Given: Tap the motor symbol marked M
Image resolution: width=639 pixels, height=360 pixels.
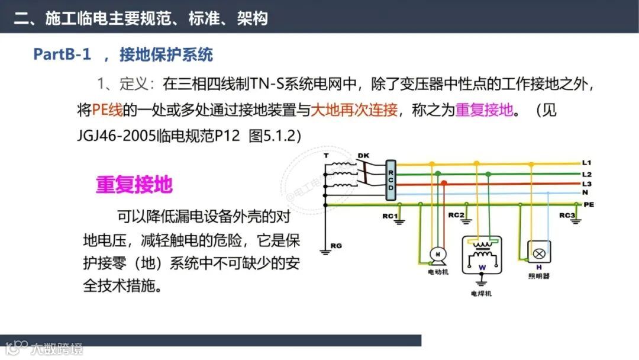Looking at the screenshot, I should point(439,253).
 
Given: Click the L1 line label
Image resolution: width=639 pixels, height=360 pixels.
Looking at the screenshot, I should point(586,162).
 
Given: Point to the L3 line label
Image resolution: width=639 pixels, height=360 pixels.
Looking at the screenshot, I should point(586,184).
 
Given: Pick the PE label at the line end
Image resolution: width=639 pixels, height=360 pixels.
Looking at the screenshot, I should point(588,204).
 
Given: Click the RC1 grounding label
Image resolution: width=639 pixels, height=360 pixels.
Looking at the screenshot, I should point(389,216).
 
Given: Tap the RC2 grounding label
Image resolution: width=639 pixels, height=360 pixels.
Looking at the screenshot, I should point(456,215).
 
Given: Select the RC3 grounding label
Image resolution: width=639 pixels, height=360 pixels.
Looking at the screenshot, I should point(566,215).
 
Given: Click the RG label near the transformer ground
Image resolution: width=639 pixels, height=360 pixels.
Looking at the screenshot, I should point(336,245).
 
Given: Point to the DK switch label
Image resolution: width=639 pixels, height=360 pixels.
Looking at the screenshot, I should point(363,156).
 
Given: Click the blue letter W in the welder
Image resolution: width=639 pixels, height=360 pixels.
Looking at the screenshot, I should point(482,268).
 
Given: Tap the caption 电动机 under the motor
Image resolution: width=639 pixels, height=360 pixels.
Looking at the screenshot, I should point(438,272).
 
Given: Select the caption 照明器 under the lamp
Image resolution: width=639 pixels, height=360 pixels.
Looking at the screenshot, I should point(538,276).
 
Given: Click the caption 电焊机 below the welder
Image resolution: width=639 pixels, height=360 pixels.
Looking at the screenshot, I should point(480,294).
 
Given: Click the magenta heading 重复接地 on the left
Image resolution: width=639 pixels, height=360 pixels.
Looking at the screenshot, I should point(134,185).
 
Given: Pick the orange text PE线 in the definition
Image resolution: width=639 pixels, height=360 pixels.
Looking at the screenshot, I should point(106,110).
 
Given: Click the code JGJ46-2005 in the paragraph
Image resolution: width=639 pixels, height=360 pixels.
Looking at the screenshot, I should point(116,135).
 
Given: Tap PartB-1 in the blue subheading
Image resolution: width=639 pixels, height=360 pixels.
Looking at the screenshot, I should point(62,55).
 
